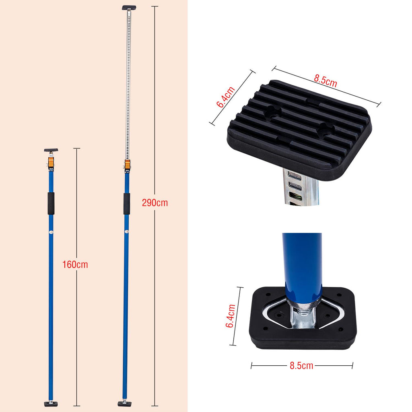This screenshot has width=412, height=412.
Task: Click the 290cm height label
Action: coord(155,203)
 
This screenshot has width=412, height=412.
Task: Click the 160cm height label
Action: coord(75,264)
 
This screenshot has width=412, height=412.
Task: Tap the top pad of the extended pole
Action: coord(129,8)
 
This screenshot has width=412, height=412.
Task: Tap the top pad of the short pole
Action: coord(51,150)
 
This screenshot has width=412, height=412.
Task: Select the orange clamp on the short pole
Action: coord(51,162)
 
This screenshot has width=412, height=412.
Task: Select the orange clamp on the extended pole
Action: coord(128,165)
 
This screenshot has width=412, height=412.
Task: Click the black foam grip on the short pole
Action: coord(51,203)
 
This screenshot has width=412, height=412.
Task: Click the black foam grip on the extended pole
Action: coord(127,204)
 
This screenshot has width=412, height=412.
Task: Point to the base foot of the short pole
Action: coord(51,404)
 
